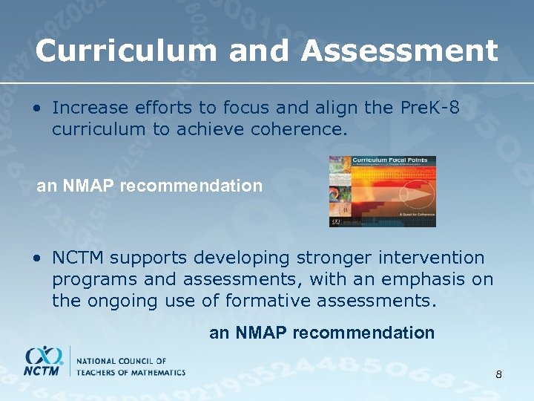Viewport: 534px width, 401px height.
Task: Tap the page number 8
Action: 498,374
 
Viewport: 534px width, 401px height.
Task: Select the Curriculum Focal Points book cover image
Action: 382,191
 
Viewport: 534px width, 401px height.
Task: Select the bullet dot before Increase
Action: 36,108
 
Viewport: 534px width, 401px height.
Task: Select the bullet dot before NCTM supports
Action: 36,258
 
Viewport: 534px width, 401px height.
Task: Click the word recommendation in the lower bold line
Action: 363,333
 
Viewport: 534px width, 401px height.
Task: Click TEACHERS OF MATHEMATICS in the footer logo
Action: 131,372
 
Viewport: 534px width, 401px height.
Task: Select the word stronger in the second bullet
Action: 330,258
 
